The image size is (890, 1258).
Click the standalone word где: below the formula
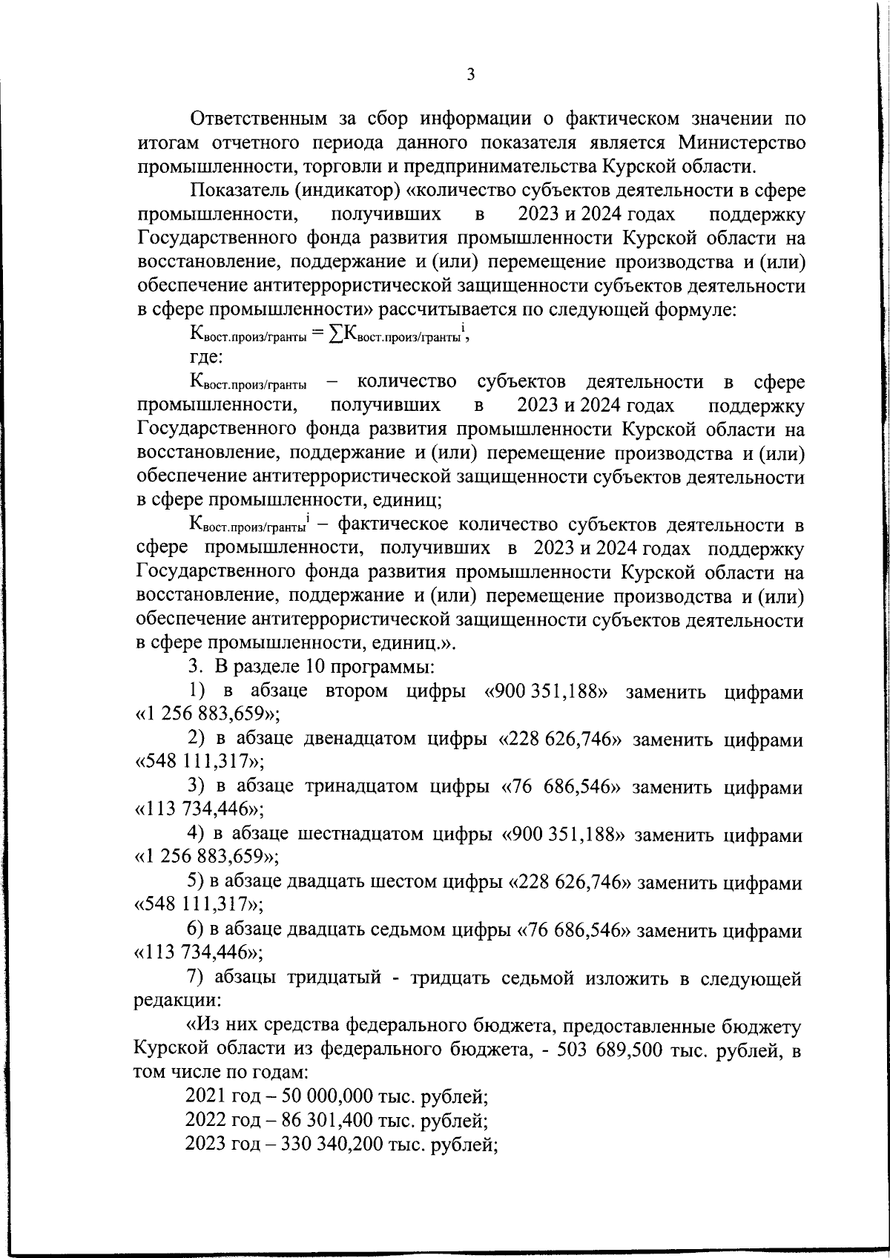click(206, 357)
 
